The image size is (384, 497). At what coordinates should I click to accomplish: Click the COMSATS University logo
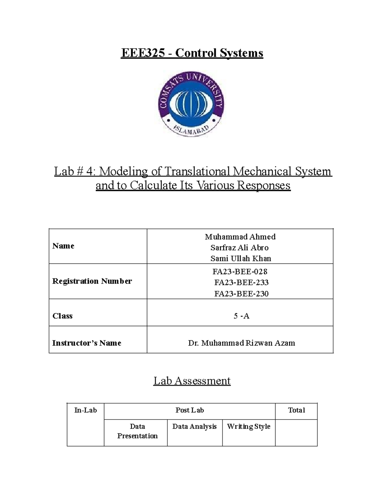tap(191, 104)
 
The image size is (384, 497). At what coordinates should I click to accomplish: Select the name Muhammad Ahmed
tap(240, 237)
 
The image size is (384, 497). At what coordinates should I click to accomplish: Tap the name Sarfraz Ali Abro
tap(239, 248)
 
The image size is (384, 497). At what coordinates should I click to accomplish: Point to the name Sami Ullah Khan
tap(241, 259)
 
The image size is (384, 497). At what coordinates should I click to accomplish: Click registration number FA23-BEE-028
tap(240, 272)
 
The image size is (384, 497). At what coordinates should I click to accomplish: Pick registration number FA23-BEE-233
tap(241, 283)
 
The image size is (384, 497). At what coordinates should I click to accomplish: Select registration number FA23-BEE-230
tap(241, 294)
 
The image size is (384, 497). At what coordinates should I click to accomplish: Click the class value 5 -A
tap(241, 316)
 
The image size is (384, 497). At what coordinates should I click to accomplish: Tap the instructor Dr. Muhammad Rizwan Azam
tap(241, 343)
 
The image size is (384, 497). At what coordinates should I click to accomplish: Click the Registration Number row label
tap(92, 281)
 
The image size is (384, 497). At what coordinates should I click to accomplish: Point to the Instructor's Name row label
tap(87, 343)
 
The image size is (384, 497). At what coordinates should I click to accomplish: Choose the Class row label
tap(62, 316)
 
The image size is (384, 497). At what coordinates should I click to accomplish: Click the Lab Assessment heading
tap(192, 381)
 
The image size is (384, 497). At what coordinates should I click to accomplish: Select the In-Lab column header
tap(85, 410)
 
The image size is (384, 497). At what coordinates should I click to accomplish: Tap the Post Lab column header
tap(189, 410)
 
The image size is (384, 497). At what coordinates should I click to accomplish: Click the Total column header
tap(296, 410)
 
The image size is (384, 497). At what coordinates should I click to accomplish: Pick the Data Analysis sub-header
tap(195, 427)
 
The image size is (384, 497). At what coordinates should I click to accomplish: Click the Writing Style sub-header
tap(249, 427)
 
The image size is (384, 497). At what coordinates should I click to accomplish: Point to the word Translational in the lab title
tap(197, 172)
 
